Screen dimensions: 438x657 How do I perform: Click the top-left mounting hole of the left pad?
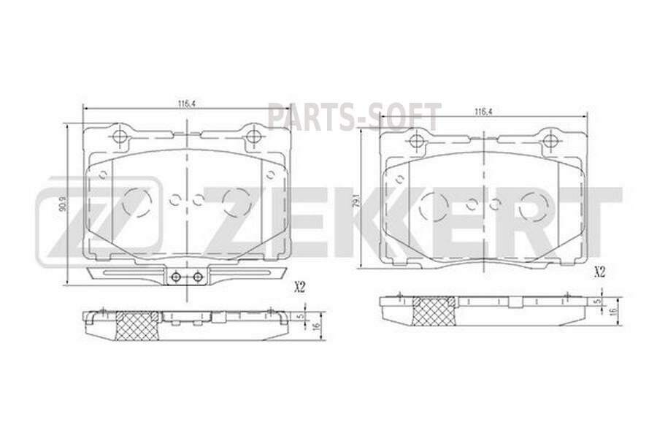click(x=120, y=137)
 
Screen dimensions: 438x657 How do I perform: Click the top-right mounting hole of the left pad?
click(x=253, y=137)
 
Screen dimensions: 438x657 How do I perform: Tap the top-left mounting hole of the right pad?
click(x=416, y=142)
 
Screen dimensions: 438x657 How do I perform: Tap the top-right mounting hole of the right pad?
click(x=549, y=141)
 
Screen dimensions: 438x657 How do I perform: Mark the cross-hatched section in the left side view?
click(x=139, y=325)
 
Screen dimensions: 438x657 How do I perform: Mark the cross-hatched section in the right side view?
click(x=435, y=312)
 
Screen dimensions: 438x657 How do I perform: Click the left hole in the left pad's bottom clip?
click(x=175, y=277)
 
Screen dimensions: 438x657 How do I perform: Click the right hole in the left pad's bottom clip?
click(x=197, y=277)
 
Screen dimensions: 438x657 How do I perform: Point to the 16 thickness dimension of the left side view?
click(x=318, y=326)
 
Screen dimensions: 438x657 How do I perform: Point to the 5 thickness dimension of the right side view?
click(x=596, y=300)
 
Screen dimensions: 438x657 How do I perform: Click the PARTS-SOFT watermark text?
click(x=354, y=117)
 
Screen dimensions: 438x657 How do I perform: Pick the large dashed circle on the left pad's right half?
click(x=237, y=202)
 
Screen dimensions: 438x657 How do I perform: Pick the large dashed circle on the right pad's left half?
click(x=434, y=207)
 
